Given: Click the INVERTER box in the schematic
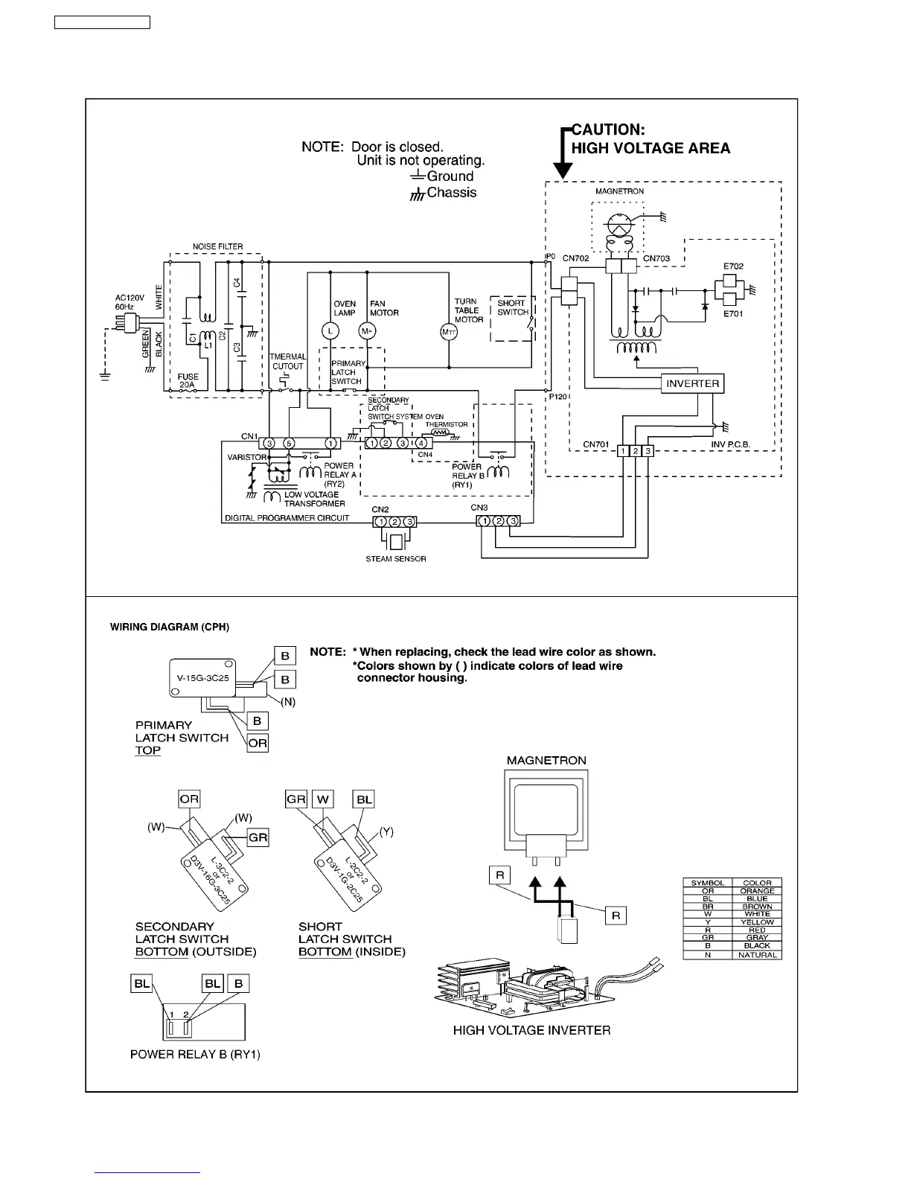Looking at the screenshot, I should [x=692, y=384].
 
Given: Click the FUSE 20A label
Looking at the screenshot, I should [x=188, y=381].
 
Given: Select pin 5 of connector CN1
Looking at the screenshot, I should [x=289, y=444].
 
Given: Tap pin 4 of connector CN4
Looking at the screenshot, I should [x=420, y=444].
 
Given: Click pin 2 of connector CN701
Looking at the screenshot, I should [x=636, y=451].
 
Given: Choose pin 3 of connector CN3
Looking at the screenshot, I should [x=512, y=521].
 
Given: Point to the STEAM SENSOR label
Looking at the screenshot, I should [x=396, y=559].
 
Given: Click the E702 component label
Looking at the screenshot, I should [x=733, y=266].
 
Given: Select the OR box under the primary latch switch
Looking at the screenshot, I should [x=258, y=743].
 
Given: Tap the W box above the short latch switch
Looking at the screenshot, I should [x=323, y=799].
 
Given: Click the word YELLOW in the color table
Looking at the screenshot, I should [x=757, y=922].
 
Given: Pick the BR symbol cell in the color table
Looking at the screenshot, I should [x=707, y=907].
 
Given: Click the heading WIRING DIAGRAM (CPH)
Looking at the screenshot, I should [x=170, y=627].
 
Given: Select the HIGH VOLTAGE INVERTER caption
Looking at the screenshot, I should [x=531, y=1031].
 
